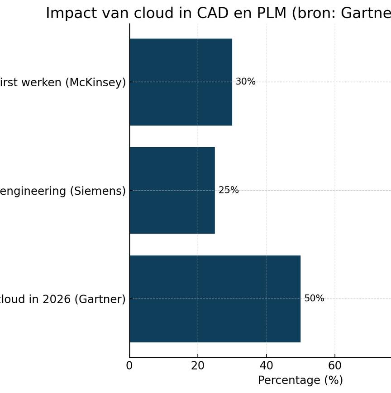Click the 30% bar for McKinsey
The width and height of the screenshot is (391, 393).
coord(181,82)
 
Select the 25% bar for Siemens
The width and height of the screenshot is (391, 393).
coord(172,190)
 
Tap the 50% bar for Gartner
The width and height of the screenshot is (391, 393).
coord(215,299)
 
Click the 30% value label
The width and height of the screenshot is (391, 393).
coord(245,82)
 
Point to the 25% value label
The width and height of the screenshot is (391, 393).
coord(229,190)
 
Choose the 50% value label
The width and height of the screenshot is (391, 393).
coord(314,299)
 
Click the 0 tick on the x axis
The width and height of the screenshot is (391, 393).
coord(129,365)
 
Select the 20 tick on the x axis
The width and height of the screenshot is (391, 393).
coord(198,365)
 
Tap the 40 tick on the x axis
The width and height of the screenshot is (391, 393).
coord(266,365)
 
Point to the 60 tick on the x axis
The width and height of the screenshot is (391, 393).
coord(335,365)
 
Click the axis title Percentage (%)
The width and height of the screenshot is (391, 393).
coord(300,380)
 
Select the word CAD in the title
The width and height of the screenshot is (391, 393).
coord(213,13)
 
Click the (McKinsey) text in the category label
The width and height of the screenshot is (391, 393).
coord(95,83)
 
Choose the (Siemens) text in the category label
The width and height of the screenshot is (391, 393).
coord(98,191)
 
